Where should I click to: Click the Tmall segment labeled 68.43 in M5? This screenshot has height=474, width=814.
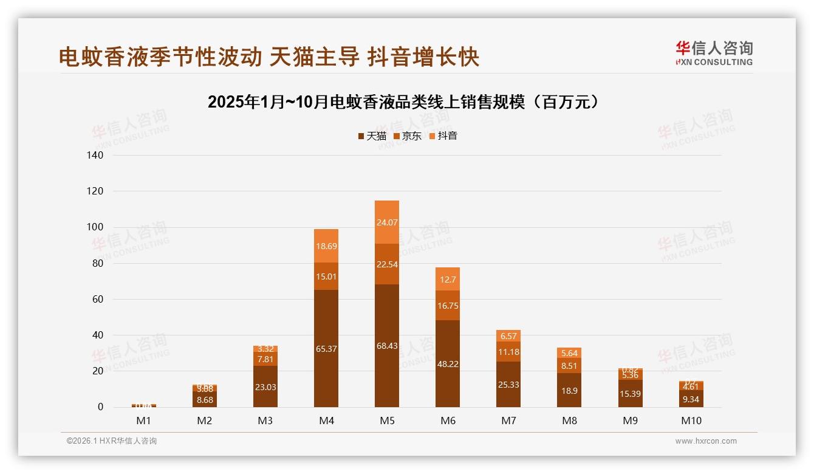click(387, 346)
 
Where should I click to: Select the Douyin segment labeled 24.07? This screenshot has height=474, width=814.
click(387, 222)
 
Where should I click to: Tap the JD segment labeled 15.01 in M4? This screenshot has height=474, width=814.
click(326, 276)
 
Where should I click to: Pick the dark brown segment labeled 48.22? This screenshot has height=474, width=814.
click(448, 363)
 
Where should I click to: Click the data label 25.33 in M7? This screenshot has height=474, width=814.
click(508, 385)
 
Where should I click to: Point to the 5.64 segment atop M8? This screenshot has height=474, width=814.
click(569, 353)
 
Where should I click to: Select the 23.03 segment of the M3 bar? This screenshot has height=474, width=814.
click(265, 387)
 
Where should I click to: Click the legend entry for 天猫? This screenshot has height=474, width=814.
click(372, 136)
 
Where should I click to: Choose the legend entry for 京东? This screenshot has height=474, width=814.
click(408, 136)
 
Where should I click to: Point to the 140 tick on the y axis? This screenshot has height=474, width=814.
click(95, 156)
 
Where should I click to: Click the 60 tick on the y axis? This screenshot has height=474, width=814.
click(98, 300)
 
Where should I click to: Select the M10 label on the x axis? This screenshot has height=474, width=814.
click(691, 421)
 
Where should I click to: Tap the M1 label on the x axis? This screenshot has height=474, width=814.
click(144, 421)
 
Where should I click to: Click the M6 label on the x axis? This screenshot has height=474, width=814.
click(448, 421)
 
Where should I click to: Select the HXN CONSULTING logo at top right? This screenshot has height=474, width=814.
click(714, 53)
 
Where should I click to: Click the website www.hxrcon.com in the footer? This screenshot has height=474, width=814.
click(706, 441)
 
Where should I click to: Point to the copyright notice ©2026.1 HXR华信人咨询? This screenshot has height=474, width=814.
click(112, 441)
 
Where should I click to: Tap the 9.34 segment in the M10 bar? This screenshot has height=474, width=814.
click(691, 399)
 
